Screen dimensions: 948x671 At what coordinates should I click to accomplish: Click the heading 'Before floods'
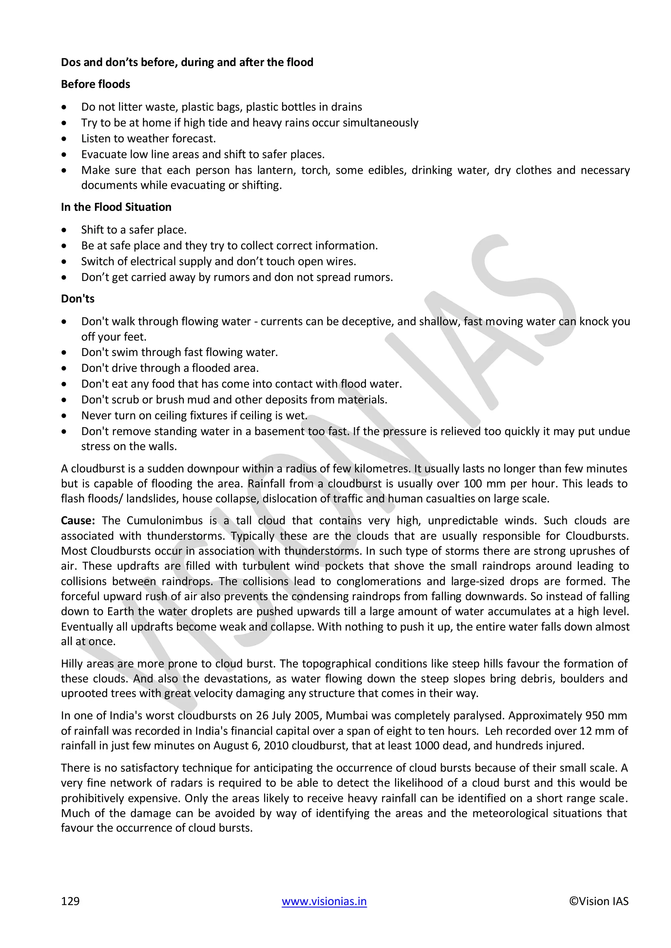pos(95,84)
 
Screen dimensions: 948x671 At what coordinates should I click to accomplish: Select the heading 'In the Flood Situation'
pos(116,207)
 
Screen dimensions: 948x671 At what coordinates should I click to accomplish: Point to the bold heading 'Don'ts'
pos(78,299)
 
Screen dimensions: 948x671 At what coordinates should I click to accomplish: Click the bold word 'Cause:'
pos(78,521)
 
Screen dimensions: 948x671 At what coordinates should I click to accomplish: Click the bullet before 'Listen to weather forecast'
pos(64,139)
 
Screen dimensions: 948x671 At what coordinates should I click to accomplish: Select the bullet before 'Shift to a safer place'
pos(64,230)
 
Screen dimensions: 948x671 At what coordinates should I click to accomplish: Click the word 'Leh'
pos(493,731)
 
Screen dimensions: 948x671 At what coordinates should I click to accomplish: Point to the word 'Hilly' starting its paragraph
pos(72,664)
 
